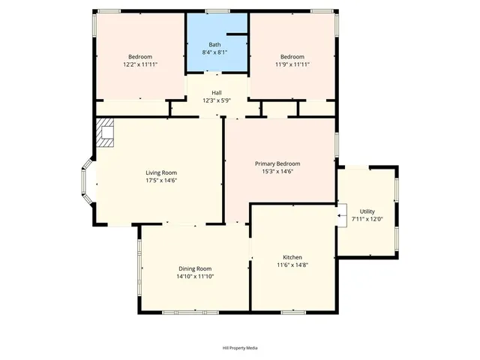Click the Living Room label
tap(161, 172)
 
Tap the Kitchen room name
tap(292, 257)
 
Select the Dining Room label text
tap(195, 268)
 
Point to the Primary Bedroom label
tap(277, 163)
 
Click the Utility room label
tap(367, 211)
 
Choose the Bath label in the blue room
tap(214, 45)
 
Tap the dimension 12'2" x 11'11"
tap(140, 64)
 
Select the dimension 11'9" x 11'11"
tap(292, 64)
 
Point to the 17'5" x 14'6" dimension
tap(161, 180)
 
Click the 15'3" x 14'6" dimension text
tap(277, 171)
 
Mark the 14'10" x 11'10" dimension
tap(195, 276)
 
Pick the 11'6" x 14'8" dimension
tap(292, 265)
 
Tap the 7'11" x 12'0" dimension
tap(367, 219)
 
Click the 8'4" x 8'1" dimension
tap(214, 52)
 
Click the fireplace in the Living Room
tap(104, 133)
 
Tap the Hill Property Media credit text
tap(240, 348)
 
